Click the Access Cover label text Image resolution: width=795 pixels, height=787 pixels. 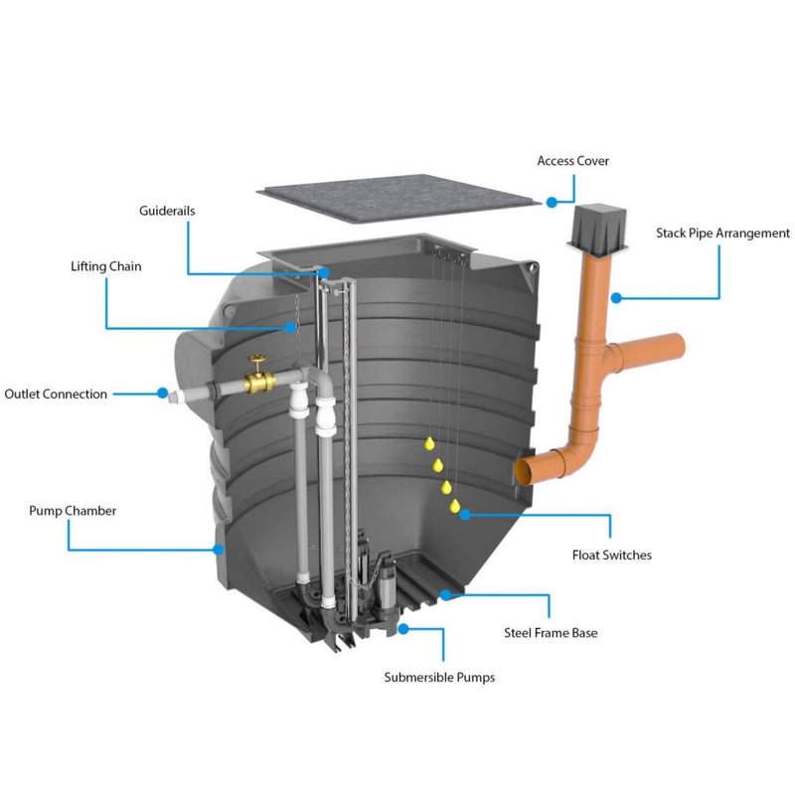coord(572,161)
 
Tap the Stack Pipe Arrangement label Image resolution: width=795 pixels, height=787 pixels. coord(722,234)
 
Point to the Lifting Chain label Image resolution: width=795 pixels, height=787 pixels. coord(105,266)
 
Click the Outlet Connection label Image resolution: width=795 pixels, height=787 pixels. coord(56,394)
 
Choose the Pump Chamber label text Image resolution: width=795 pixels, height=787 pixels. coord(73,511)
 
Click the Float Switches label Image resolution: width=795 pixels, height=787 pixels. coord(611,554)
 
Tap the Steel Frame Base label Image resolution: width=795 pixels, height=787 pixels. coord(551,632)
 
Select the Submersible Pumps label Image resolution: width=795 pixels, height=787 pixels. coord(439,678)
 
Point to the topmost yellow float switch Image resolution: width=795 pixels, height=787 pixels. coord(428,442)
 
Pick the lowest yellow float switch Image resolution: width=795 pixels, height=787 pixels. coord(455,507)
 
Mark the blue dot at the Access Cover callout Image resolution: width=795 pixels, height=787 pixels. coord(552,202)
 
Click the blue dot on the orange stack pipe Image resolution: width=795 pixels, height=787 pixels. coord(616,296)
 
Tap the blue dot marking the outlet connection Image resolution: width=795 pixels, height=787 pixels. coord(162,393)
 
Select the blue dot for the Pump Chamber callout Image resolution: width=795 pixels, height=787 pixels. coord(218,548)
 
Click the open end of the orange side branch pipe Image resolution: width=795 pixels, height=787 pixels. coord(682,348)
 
